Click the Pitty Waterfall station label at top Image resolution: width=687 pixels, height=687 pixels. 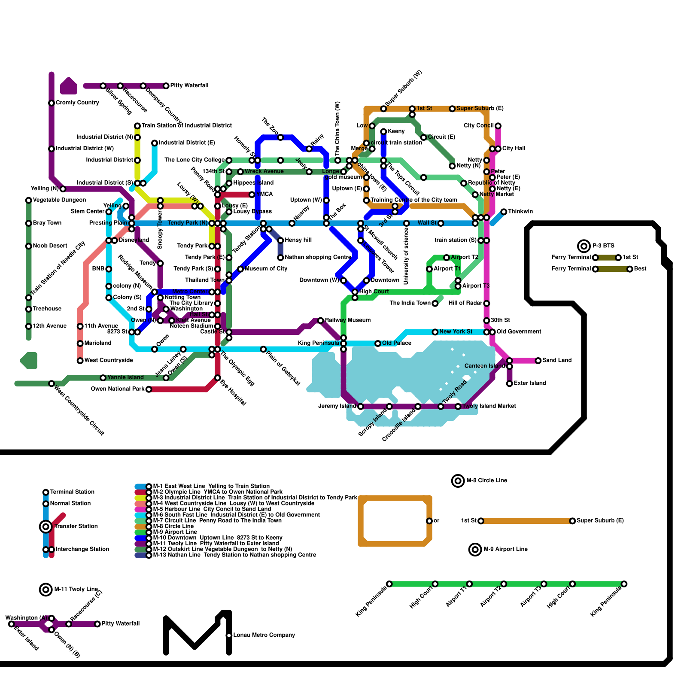click(189, 85)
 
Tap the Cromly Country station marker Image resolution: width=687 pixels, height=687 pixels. click(52, 103)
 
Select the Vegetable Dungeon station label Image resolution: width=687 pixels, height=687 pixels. click(59, 200)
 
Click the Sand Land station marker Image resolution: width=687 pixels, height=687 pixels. click(538, 361)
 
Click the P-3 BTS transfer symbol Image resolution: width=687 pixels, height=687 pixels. click(584, 246)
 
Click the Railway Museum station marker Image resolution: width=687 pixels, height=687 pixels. click(320, 321)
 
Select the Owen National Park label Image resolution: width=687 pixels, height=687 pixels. click(118, 389)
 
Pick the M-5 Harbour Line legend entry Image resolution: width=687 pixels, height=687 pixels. click(212, 509)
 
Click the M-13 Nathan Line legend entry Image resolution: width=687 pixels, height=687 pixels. click(234, 555)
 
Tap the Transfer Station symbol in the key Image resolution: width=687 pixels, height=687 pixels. click(46, 526)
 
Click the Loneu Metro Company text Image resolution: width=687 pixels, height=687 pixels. click(264, 635)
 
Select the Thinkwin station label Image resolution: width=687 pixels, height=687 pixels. click(520, 211)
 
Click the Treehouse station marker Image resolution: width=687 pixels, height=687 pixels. click(29, 309)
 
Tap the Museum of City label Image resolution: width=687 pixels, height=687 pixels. click(266, 269)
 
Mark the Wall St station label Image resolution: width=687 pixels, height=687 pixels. click(427, 223)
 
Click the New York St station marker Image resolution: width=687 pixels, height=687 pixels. click(435, 332)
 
